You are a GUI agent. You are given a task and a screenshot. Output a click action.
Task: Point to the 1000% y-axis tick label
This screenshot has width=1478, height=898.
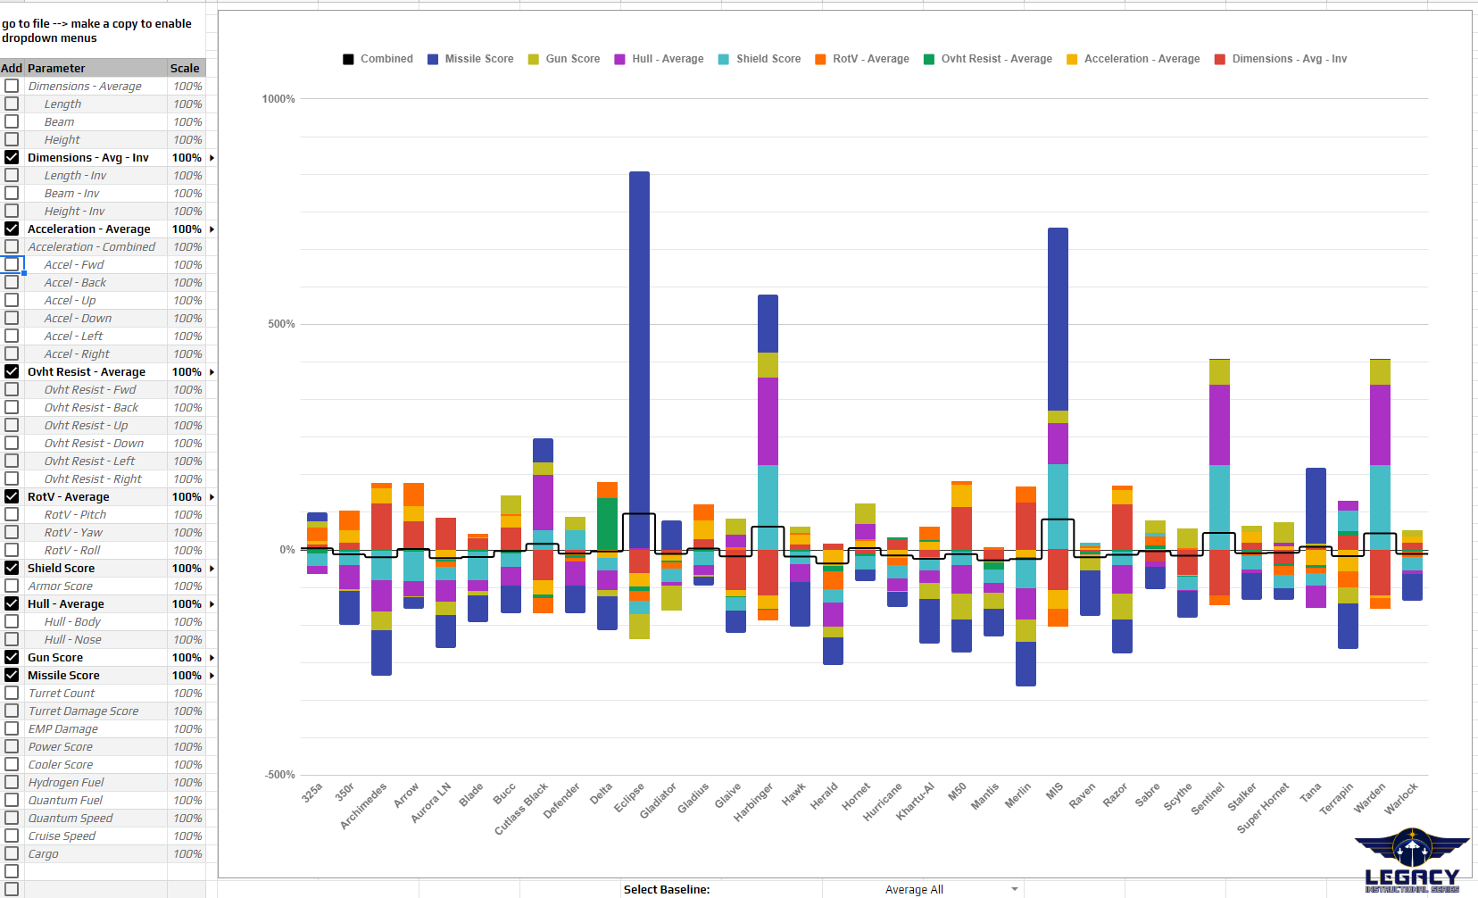click(278, 99)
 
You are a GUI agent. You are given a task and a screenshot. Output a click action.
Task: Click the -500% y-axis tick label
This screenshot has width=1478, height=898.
click(279, 775)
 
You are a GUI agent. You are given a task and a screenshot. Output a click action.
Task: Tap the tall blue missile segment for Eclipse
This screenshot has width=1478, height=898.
click(639, 357)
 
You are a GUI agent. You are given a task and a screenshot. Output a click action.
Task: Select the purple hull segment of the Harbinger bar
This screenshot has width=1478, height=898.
click(768, 420)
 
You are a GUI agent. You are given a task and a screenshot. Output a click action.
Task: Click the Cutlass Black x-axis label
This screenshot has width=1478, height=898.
click(522, 809)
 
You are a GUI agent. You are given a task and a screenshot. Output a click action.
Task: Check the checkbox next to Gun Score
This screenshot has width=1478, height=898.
click(12, 657)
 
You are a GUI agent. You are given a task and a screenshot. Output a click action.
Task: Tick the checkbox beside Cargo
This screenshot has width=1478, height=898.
click(12, 853)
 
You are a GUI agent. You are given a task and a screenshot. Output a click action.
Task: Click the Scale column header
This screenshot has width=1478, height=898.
click(185, 68)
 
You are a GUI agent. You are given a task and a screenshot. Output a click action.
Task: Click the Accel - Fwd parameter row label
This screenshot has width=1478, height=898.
click(74, 264)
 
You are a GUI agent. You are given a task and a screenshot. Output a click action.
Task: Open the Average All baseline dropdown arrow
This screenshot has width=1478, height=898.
click(1014, 889)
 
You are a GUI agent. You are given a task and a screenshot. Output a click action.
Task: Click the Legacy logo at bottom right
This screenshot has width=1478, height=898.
click(1411, 861)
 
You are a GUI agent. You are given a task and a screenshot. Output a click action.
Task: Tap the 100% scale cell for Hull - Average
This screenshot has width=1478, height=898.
click(187, 603)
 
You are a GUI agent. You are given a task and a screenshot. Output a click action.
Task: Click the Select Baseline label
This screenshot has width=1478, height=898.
click(666, 889)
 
